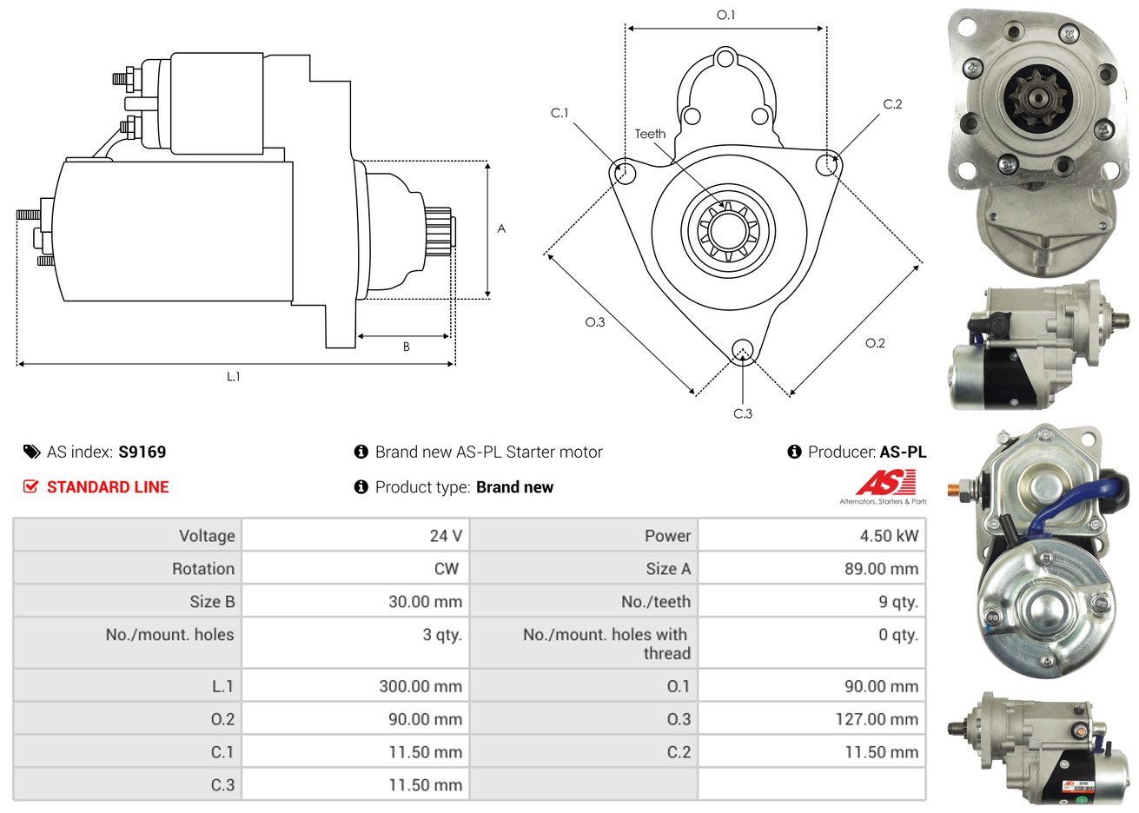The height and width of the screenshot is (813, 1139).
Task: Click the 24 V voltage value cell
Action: [446, 535]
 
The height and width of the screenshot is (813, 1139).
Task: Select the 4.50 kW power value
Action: [889, 535]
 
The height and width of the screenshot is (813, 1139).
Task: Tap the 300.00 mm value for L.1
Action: [421, 686]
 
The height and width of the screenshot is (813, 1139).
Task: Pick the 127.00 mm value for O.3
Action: [877, 719]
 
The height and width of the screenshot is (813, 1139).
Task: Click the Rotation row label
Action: [203, 568]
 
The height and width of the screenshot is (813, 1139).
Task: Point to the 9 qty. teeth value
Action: [898, 601]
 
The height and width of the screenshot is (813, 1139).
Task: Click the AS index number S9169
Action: [142, 452]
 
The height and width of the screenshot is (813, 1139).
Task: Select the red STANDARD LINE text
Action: [108, 486]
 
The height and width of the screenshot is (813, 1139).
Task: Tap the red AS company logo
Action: [885, 482]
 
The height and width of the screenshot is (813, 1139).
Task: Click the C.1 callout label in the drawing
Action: [560, 112]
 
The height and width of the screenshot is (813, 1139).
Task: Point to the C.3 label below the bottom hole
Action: [742, 413]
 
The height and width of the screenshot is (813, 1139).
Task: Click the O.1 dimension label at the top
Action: [725, 15]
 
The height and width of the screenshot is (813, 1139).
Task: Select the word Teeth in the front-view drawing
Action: [650, 134]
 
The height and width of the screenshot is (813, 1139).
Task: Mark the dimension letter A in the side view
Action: [501, 228]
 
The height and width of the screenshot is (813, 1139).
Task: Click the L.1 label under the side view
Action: [234, 376]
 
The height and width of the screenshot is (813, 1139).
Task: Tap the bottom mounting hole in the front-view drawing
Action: [743, 351]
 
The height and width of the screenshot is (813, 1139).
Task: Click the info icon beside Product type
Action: [361, 486]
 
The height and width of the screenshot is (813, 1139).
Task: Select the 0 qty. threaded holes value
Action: [898, 635]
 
